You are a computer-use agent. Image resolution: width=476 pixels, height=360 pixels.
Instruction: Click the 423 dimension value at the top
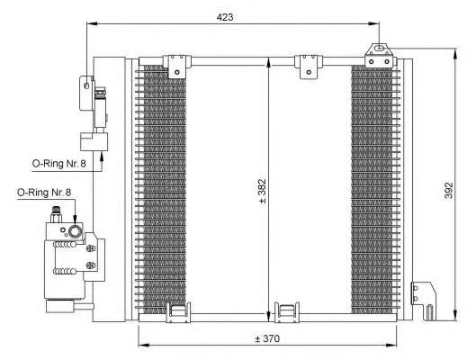pyautogui.click(x=225, y=17)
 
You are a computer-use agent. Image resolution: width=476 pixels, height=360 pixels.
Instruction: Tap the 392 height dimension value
pyautogui.click(x=449, y=190)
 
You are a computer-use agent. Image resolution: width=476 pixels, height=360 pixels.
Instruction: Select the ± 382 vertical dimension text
pyautogui.click(x=262, y=191)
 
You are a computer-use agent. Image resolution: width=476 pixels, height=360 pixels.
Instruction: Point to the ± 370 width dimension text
pyautogui.click(x=267, y=338)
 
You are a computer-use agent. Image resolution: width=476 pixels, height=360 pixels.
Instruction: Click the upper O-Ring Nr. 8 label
pyautogui.click(x=58, y=164)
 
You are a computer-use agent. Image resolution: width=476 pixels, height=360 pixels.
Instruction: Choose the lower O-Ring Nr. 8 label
pyautogui.click(x=44, y=192)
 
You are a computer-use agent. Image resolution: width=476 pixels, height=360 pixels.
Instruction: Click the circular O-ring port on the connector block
pyautogui.click(x=75, y=231)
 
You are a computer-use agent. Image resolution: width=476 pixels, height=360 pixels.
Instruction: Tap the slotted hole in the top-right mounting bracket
pyautogui.click(x=379, y=48)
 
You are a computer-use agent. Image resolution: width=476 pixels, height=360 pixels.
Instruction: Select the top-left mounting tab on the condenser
pyautogui.click(x=177, y=67)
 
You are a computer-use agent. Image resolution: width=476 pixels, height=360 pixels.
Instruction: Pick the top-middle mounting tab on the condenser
pyautogui.click(x=309, y=67)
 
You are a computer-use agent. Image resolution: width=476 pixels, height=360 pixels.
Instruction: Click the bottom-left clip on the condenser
pyautogui.click(x=178, y=312)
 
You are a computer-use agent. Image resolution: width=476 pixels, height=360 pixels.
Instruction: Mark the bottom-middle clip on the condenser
pyautogui.click(x=286, y=312)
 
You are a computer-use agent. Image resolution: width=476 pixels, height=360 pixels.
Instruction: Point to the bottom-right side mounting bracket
pyautogui.click(x=424, y=301)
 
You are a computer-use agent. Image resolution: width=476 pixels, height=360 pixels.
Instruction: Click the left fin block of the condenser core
pyautogui.click(x=164, y=190)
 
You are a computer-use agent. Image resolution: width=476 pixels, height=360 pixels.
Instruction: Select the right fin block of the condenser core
pyautogui.click(x=372, y=190)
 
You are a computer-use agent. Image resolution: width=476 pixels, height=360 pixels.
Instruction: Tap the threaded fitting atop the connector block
pyautogui.click(x=56, y=214)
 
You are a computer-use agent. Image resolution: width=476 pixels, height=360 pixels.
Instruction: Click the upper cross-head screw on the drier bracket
pyautogui.click(x=91, y=248)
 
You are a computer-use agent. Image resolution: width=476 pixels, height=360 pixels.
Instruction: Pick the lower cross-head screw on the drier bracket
pyautogui.click(x=91, y=265)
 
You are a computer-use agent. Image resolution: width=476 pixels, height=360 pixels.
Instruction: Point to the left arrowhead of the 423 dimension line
pyautogui.click(x=92, y=23)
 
